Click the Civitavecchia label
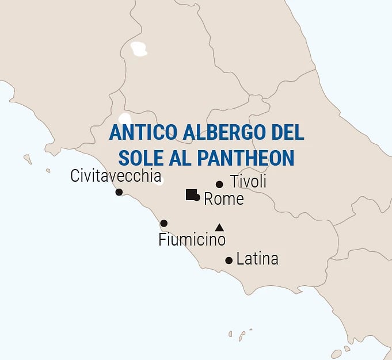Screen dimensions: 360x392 coord(116,176)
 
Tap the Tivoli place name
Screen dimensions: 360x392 coord(248,182)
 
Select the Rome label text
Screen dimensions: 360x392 coord(224,200)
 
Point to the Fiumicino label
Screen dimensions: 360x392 coord(192,239)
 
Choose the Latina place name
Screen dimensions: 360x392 coord(257,259)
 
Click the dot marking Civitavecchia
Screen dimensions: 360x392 coord(119,192)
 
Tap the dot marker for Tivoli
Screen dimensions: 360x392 coord(219,185)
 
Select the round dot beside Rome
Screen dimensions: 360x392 coord(197,198)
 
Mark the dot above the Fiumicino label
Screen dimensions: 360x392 coord(164,223)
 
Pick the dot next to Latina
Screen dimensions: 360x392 coord(229,261)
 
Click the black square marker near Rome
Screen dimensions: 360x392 coord(191,194)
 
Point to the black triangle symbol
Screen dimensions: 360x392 coord(219,228)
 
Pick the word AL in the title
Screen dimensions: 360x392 coord(179,157)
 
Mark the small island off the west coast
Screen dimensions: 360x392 coord(27,159)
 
